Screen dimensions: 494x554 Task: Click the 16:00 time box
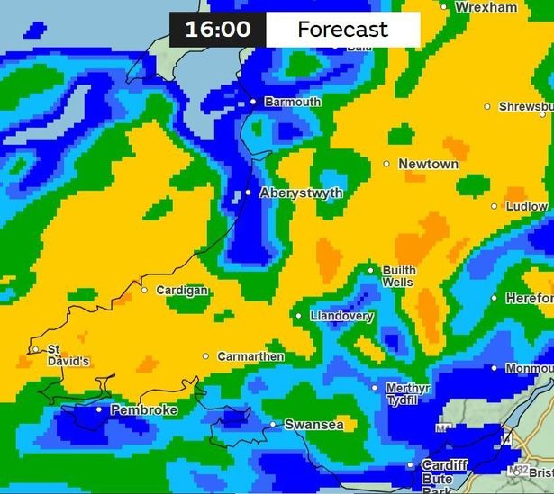coord(218,29)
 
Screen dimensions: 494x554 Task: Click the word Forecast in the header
coord(342,29)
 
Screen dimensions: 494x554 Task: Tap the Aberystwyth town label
coord(301,193)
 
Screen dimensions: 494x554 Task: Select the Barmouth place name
coord(293,102)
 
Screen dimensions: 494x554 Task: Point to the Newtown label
coord(429,164)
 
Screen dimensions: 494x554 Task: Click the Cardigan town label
coord(182,290)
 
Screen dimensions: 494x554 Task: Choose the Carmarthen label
coord(250,356)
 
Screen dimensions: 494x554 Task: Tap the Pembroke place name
coord(143,409)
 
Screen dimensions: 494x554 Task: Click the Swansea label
coord(313,425)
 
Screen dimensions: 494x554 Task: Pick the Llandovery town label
coord(341,316)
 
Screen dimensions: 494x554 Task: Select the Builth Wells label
coord(398,276)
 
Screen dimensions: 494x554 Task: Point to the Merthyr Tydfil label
coord(408,393)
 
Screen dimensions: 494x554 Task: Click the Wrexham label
coord(486,6)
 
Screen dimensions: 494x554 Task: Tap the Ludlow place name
coord(526,206)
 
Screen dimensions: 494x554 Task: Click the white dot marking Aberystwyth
coord(249,193)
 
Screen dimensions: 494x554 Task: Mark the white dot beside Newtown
coord(386,164)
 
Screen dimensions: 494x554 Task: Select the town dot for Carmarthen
coord(205,356)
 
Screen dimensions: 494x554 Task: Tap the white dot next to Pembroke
coord(99,409)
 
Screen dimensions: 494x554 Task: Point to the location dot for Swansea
coord(273,425)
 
